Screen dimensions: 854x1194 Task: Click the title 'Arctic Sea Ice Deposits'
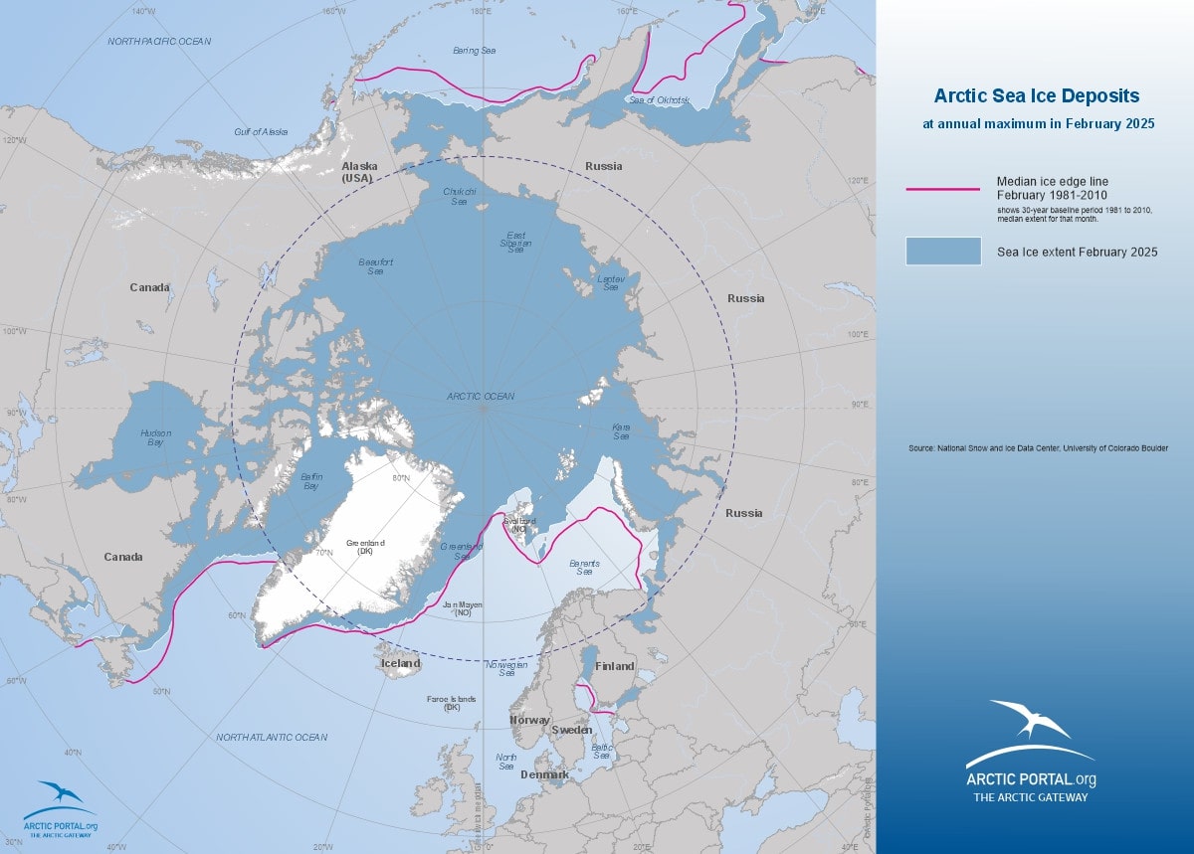point(1036,96)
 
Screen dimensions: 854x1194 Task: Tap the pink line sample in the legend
point(942,188)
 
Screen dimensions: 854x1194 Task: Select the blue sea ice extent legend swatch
point(942,252)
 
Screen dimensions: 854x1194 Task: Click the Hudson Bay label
point(155,437)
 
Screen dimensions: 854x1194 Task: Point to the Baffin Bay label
point(310,482)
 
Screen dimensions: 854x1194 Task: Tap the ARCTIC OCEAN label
point(481,396)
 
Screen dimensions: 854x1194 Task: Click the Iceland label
point(401,663)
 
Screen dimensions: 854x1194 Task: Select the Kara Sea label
point(621,431)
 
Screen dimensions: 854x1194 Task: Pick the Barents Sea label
point(584,567)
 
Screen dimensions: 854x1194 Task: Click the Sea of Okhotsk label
point(659,99)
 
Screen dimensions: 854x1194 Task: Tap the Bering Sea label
point(474,50)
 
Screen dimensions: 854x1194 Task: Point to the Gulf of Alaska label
point(261,131)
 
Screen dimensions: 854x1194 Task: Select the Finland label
point(614,666)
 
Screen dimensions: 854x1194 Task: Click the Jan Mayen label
point(457,607)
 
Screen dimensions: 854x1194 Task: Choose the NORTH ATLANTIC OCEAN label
point(271,737)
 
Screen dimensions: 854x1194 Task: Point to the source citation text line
point(1038,448)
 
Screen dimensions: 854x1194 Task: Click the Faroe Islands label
point(451,703)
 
